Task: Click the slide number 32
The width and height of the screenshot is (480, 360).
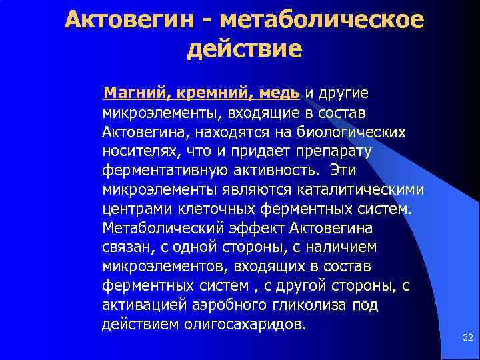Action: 467,339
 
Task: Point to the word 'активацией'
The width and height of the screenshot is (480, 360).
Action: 140,306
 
